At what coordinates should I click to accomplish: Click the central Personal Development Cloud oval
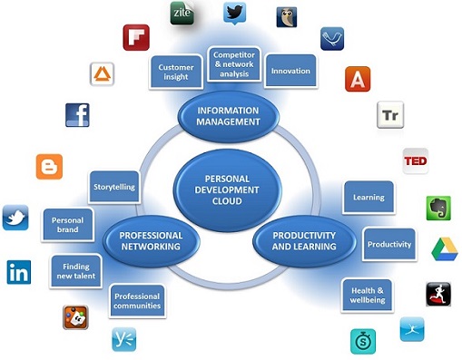[227, 190]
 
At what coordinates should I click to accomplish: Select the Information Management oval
[228, 116]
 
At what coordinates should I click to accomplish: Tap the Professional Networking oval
[151, 241]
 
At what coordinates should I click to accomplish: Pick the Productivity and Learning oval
[304, 241]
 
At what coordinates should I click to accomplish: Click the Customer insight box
[176, 72]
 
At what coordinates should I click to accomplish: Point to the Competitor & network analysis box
[234, 64]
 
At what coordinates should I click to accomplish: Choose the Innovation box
[290, 71]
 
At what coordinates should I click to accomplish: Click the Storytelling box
[114, 187]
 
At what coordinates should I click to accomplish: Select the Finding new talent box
[76, 271]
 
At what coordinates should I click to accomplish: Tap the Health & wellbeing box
[368, 296]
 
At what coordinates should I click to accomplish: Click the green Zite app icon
[182, 13]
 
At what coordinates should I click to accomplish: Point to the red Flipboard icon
[136, 37]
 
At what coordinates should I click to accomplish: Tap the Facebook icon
[77, 115]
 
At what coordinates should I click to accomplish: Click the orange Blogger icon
[49, 167]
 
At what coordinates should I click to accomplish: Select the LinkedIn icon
[19, 272]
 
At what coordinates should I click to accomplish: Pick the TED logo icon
[416, 161]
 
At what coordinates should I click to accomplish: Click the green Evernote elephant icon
[438, 208]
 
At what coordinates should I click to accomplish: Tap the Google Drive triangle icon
[445, 249]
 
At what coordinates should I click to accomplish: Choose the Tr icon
[390, 115]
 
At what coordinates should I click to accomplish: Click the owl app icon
[287, 17]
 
